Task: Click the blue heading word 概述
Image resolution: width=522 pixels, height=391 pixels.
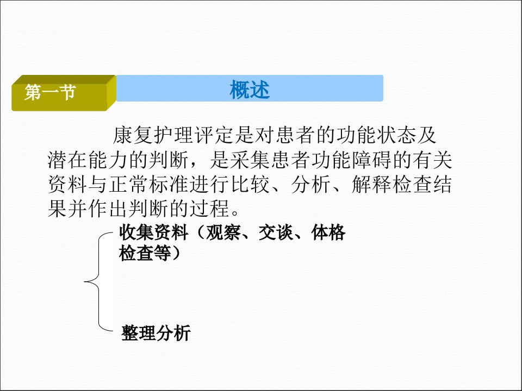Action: point(250,90)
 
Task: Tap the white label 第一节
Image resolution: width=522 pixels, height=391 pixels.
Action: point(50,92)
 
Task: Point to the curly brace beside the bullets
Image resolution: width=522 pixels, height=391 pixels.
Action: point(99,282)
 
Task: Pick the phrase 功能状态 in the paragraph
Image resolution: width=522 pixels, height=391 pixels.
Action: point(376,135)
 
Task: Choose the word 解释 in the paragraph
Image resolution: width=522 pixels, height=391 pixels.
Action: point(372,185)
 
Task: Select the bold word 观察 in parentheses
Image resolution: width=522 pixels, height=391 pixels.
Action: point(223,232)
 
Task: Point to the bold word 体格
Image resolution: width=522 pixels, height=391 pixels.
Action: point(328,232)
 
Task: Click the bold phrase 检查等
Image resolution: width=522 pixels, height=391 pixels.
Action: point(145,254)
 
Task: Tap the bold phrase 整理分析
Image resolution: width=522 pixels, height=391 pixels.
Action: point(156,333)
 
